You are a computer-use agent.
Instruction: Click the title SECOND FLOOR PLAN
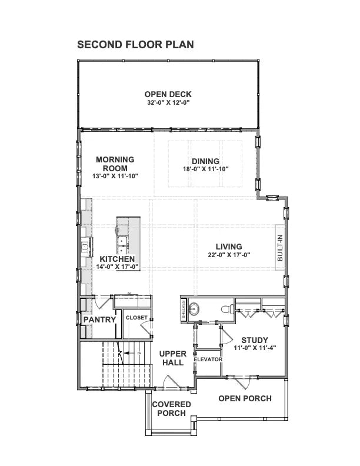[135, 45]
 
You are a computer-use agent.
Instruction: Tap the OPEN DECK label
[169, 94]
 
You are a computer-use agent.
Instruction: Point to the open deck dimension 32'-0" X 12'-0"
[169, 102]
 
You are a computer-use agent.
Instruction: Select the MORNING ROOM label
[115, 164]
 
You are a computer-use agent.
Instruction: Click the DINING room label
[205, 161]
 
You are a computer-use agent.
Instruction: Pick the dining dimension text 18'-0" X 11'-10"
[205, 169]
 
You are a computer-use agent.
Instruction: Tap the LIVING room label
[229, 247]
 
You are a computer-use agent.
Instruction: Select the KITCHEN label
[118, 259]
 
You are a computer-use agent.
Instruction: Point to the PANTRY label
[98, 319]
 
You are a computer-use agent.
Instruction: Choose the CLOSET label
[136, 318]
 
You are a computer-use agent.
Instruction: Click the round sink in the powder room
[195, 308]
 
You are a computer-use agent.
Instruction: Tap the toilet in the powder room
[225, 308]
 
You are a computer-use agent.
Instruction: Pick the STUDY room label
[255, 340]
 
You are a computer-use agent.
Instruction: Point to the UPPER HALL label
[173, 358]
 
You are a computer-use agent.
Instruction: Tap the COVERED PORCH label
[171, 408]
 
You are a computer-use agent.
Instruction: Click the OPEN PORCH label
[245, 398]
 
